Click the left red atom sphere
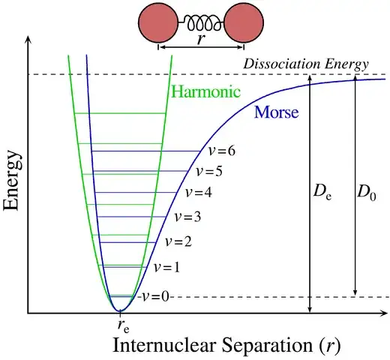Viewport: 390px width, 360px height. (x=158, y=22)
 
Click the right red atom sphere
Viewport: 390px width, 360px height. (x=244, y=22)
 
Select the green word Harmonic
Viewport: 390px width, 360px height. (x=205, y=91)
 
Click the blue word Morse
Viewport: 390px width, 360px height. (x=277, y=112)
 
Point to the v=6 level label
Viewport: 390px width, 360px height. (x=222, y=151)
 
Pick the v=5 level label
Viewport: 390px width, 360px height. (x=209, y=172)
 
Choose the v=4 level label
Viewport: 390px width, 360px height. (x=199, y=193)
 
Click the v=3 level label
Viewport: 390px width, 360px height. (x=187, y=217)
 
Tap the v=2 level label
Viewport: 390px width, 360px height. (x=178, y=241)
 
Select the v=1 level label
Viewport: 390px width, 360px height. (x=166, y=268)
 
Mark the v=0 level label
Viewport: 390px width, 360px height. (x=155, y=297)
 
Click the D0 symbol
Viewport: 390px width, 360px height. (x=367, y=193)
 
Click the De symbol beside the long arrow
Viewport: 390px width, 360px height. (x=322, y=193)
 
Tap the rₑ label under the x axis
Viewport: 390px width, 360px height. (x=124, y=326)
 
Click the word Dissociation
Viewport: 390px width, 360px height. (x=282, y=64)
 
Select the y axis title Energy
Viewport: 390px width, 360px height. (x=10, y=180)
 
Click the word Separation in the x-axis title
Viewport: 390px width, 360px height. (x=267, y=346)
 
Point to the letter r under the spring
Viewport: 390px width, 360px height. (x=201, y=39)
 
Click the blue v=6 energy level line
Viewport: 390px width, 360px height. (x=146, y=151)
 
